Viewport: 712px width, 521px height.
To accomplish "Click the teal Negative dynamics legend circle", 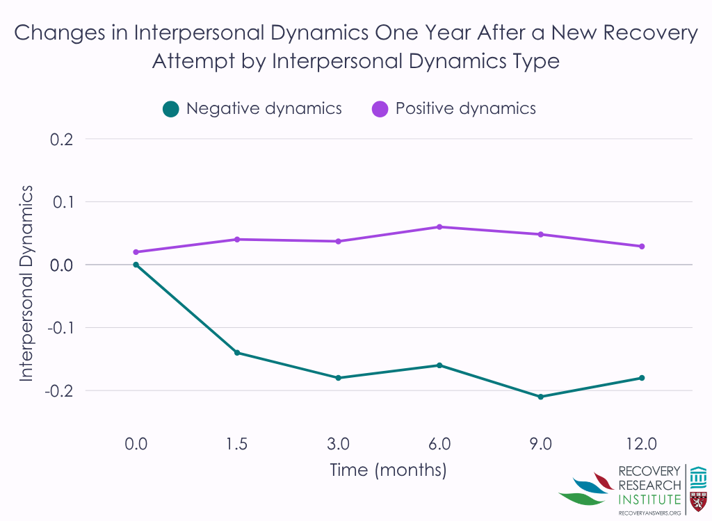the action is pos(171,109).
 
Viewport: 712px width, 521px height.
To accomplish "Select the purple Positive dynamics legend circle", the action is pos(380,109).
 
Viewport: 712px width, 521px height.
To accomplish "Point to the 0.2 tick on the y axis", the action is pos(61,140).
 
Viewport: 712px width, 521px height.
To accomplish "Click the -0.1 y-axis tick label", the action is pos(60,328).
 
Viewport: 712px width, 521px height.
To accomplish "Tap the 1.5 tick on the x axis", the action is pos(236,443).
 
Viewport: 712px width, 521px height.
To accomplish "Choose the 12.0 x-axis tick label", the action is pos(641,443).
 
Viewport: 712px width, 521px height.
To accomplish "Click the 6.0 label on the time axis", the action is pos(439,443).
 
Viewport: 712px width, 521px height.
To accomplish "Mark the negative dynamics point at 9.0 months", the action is pos(540,397).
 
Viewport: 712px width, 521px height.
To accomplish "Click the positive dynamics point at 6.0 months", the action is pos(439,227).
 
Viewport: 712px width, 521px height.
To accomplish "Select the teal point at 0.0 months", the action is pos(136,265).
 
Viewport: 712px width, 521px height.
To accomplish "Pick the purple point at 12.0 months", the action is pos(642,247).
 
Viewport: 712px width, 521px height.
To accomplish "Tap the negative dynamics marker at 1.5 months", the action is pos(236,353).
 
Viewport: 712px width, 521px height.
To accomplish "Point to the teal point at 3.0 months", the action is pos(338,378).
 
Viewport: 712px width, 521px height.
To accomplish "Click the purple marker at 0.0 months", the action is pos(136,252).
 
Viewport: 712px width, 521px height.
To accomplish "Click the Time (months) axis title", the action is pos(388,470).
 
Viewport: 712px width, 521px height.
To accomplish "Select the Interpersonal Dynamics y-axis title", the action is pos(26,283).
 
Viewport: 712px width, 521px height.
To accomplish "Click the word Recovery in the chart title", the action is pos(650,33).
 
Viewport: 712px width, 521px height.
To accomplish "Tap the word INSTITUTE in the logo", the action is pos(649,499).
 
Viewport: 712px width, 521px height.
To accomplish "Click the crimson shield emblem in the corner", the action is pos(698,501).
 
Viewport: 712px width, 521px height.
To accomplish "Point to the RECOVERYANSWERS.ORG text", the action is pos(649,513).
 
